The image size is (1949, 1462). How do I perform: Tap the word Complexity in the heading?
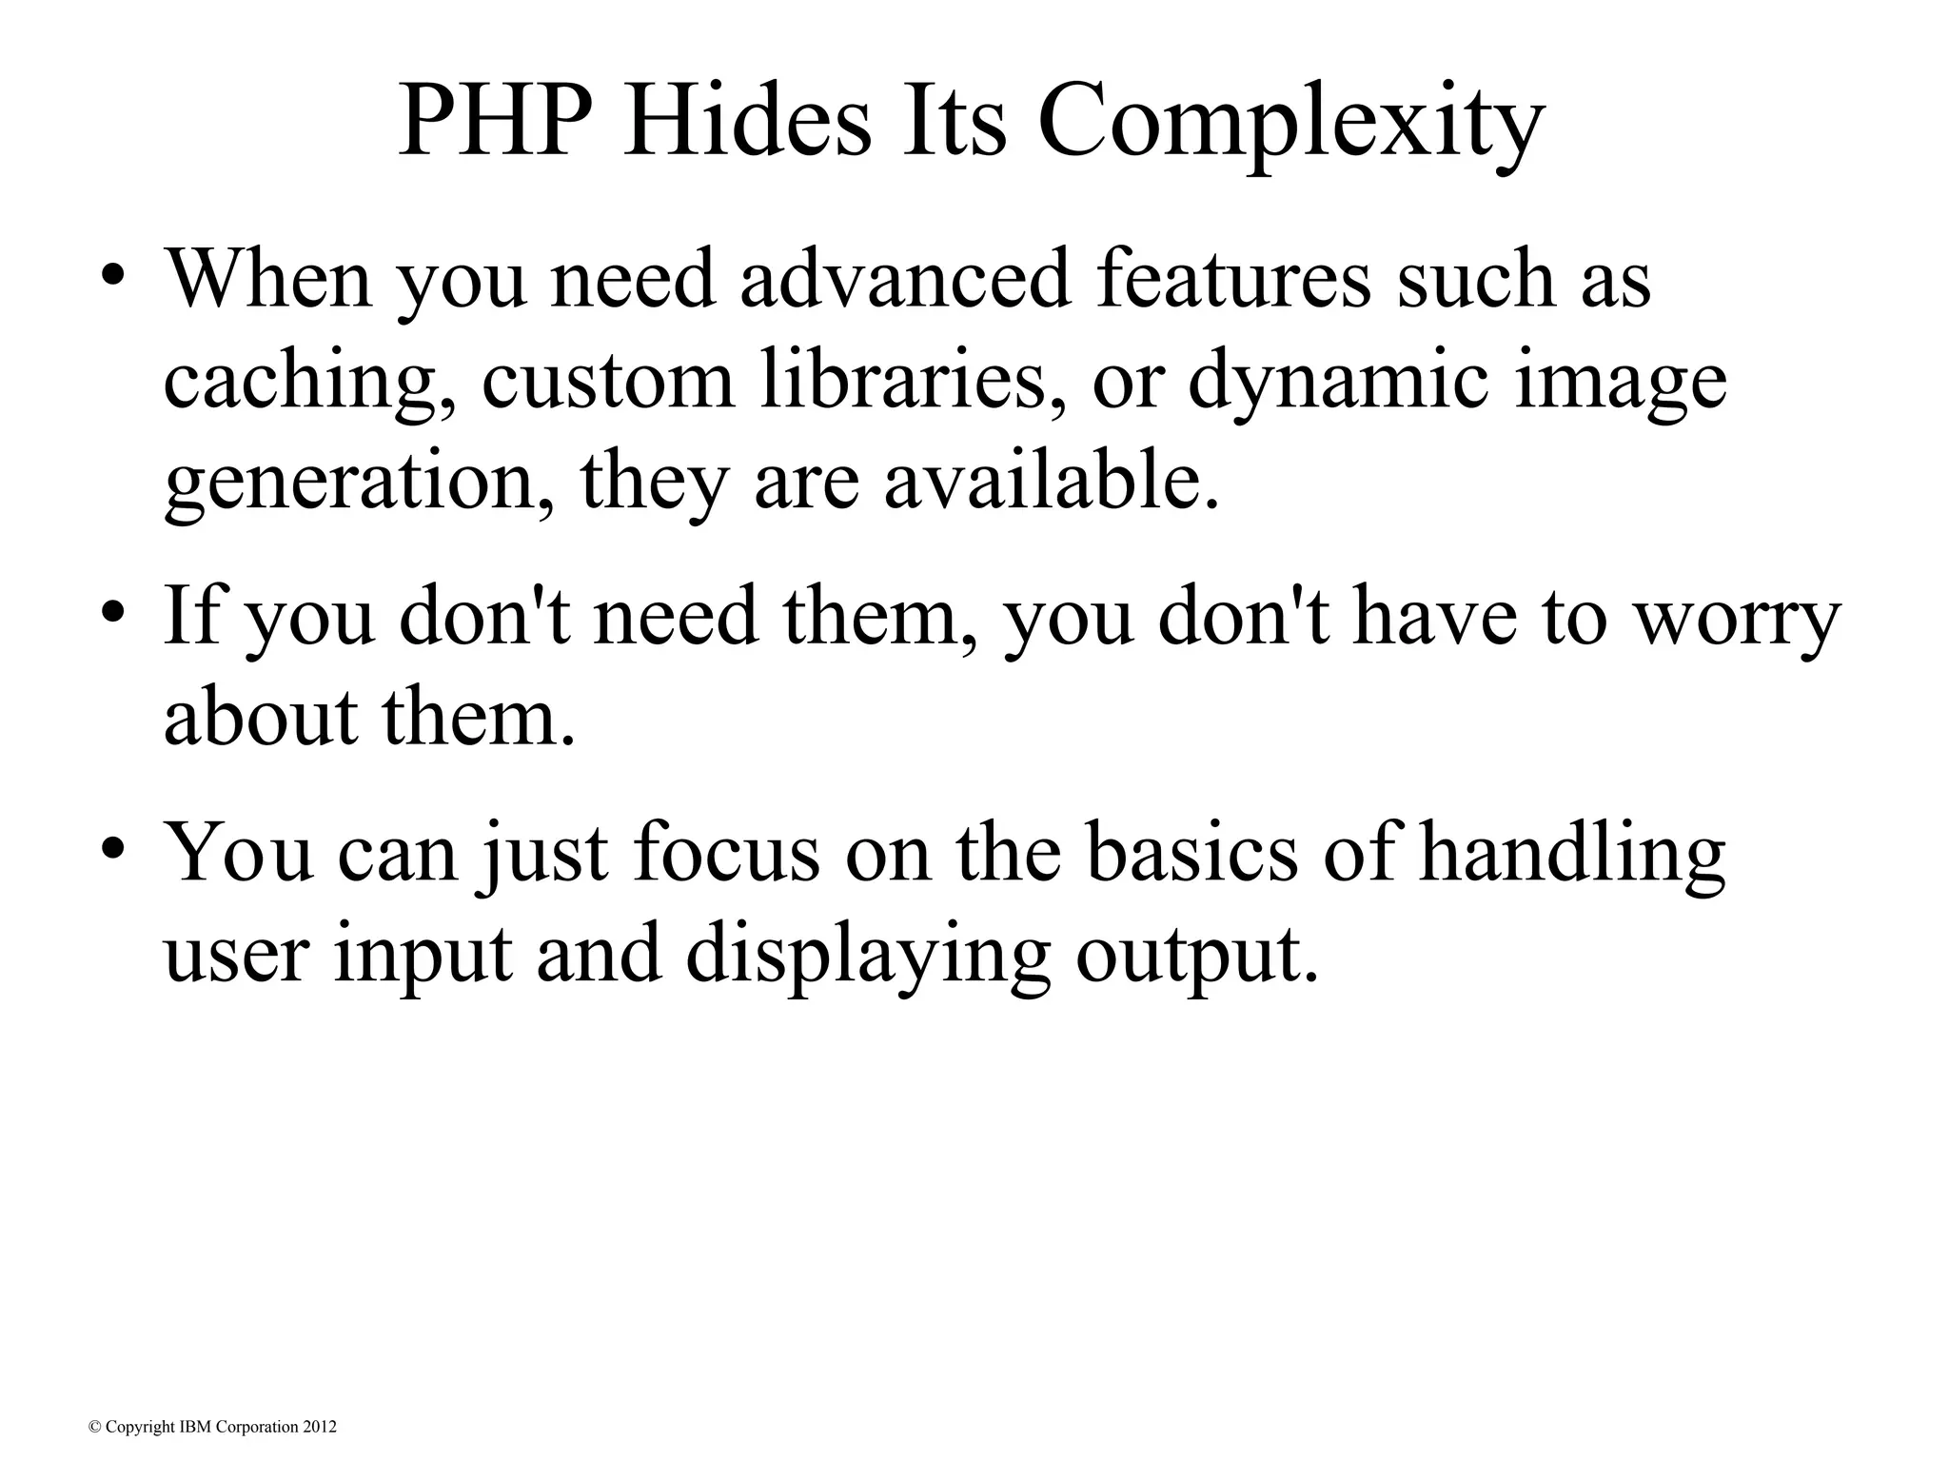1290,125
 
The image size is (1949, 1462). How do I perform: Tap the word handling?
1571,852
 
